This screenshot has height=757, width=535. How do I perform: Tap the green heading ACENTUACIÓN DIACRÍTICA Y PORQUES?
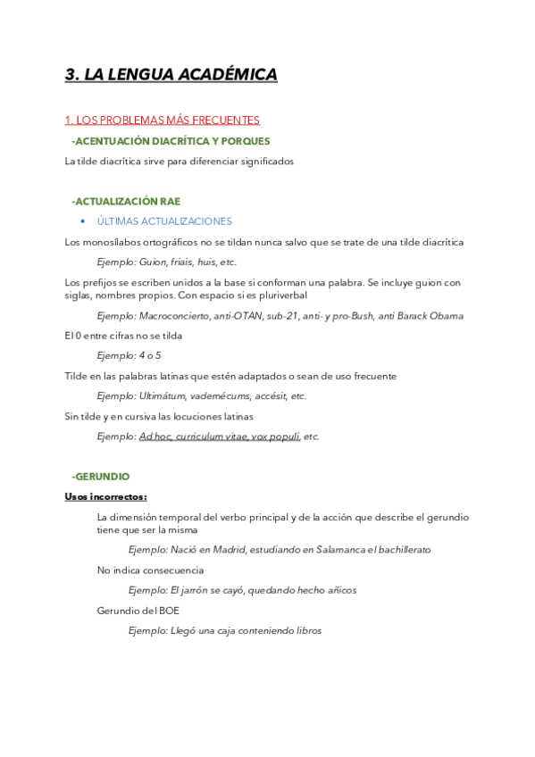[x=172, y=141]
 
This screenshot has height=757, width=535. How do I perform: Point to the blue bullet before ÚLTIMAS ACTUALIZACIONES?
[x=82, y=221]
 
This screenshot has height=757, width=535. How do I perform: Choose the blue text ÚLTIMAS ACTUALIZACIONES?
[x=164, y=221]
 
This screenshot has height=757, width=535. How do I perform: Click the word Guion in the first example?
[x=155, y=262]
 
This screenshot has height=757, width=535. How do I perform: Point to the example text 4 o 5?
[x=150, y=355]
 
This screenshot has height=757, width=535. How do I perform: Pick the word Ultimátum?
[x=165, y=395]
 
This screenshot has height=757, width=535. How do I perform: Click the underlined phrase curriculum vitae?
[x=211, y=437]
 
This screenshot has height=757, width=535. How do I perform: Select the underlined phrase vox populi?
[x=275, y=437]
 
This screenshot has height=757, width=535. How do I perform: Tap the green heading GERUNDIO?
[x=103, y=477]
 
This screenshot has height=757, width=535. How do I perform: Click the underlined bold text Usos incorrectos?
[x=105, y=496]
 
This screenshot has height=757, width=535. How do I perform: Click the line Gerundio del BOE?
[x=138, y=611]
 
